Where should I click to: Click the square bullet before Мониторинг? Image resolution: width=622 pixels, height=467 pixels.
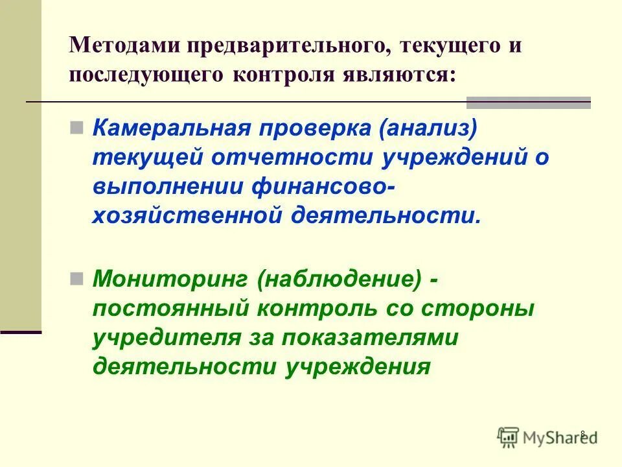point(76,279)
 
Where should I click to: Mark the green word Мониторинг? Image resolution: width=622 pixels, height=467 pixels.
point(170,281)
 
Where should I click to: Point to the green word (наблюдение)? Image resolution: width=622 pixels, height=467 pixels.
point(339,281)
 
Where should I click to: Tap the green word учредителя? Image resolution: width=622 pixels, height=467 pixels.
point(159,338)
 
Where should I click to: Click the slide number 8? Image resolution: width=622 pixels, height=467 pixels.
point(582,434)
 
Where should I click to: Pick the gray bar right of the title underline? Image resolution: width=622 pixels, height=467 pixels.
point(529,102)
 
